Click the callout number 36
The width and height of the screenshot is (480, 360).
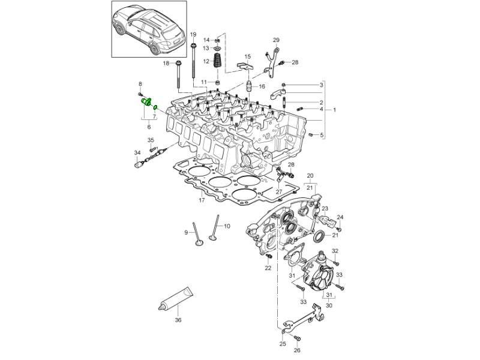point(178,320)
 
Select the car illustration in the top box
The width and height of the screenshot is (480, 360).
point(148,28)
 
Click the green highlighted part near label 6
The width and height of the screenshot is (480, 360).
point(146,101)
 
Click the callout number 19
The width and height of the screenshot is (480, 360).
point(193,34)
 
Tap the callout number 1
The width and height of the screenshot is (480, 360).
point(335,110)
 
